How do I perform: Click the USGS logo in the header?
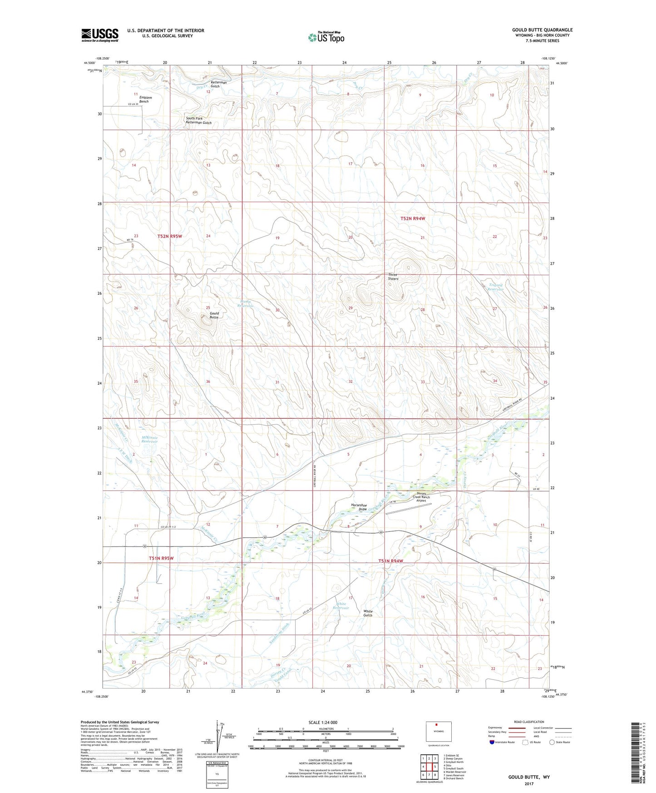[x=100, y=35]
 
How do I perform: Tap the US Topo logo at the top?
[x=326, y=37]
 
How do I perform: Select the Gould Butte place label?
[x=213, y=315]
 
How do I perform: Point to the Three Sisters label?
[x=393, y=277]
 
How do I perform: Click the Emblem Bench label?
[x=145, y=99]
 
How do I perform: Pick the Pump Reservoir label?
[x=246, y=304]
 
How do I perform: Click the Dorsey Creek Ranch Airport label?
[x=421, y=497]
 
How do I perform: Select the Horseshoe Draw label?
[x=359, y=507]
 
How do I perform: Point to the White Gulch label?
[x=368, y=613]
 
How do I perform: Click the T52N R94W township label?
[x=413, y=218]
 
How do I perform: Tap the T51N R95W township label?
[x=161, y=558]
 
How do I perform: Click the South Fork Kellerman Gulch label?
[x=198, y=121]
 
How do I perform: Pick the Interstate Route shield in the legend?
[x=493, y=742]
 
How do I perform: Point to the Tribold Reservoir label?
[x=496, y=287]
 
